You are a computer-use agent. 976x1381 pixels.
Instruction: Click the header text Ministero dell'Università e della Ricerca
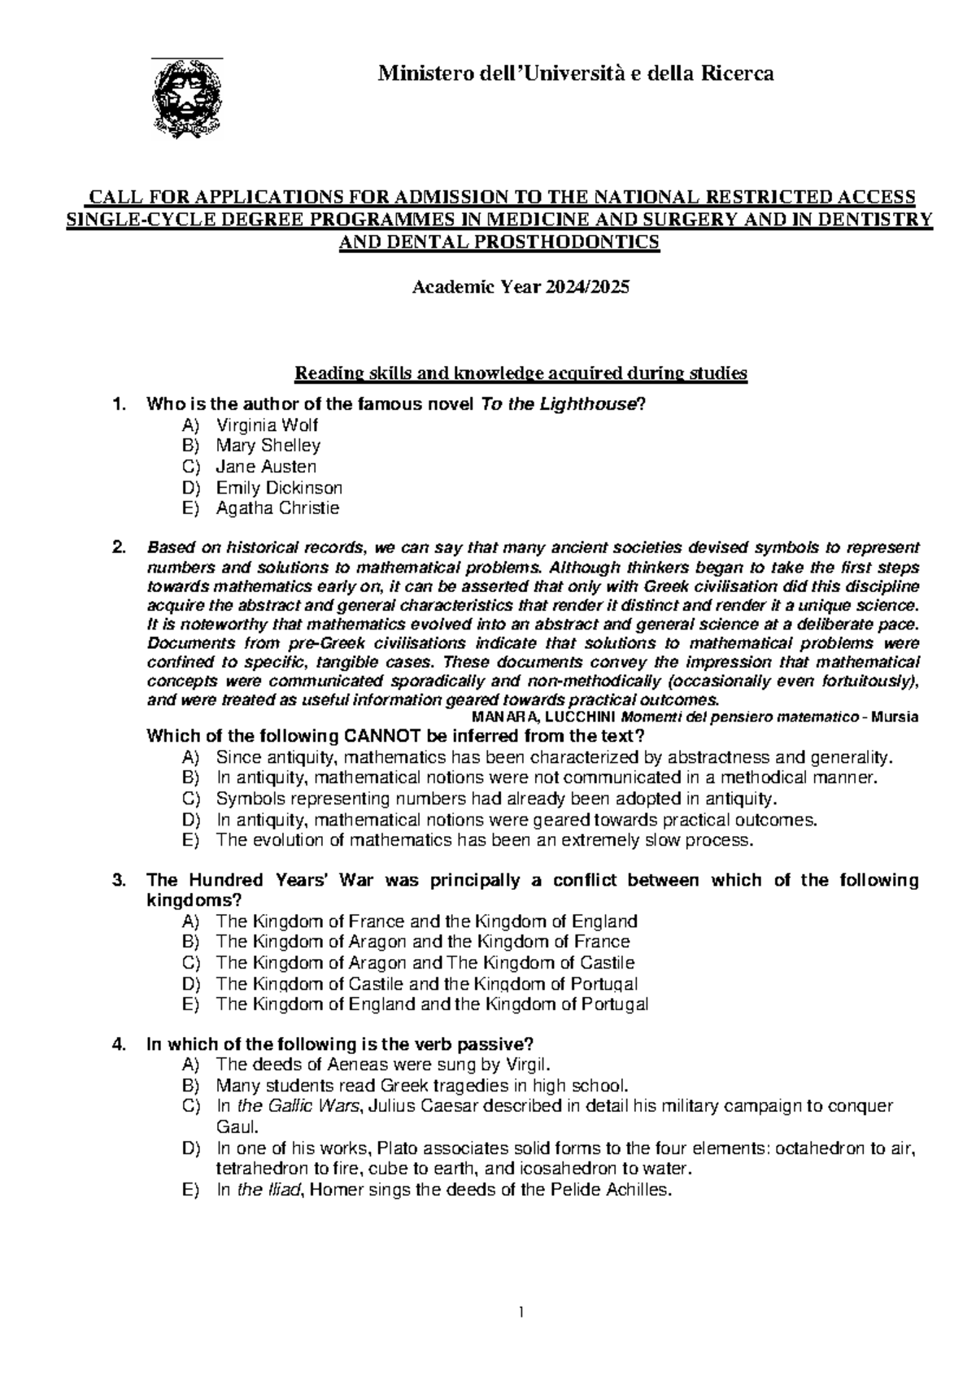[575, 75]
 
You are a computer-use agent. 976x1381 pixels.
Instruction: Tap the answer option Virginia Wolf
[267, 425]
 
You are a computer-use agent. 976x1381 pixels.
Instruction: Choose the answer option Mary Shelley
[268, 446]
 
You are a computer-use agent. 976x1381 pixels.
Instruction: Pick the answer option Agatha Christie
[277, 508]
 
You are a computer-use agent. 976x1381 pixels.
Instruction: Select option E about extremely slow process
[485, 840]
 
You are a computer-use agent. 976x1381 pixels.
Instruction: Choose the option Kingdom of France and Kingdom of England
[426, 921]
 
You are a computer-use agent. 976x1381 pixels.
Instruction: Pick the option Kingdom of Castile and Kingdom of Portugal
[426, 983]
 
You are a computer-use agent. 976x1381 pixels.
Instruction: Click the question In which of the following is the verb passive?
[339, 1044]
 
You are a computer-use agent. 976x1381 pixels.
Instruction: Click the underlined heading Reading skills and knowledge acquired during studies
[521, 374]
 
